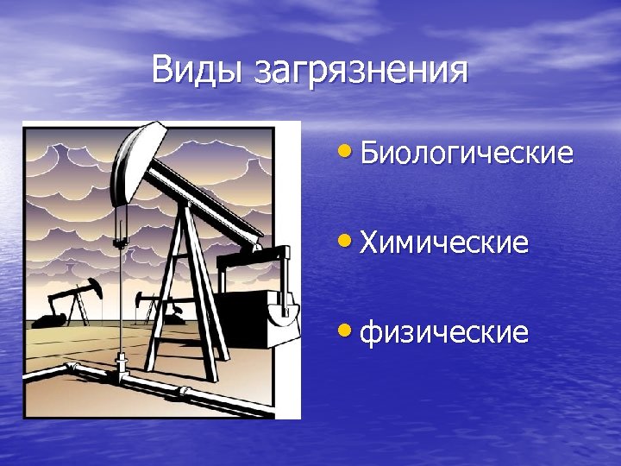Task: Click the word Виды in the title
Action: coord(198,70)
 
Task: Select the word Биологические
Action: coord(466,154)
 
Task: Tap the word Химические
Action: coord(443,242)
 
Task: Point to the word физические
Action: coord(443,331)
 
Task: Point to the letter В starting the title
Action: coord(161,70)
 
